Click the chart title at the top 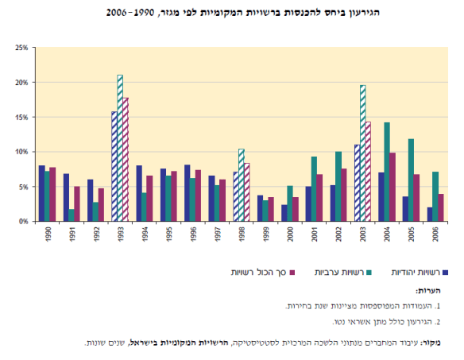[231, 14]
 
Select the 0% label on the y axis [23, 221]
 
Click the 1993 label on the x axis [120, 236]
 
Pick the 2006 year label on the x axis [435, 236]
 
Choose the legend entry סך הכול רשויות [254, 271]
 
